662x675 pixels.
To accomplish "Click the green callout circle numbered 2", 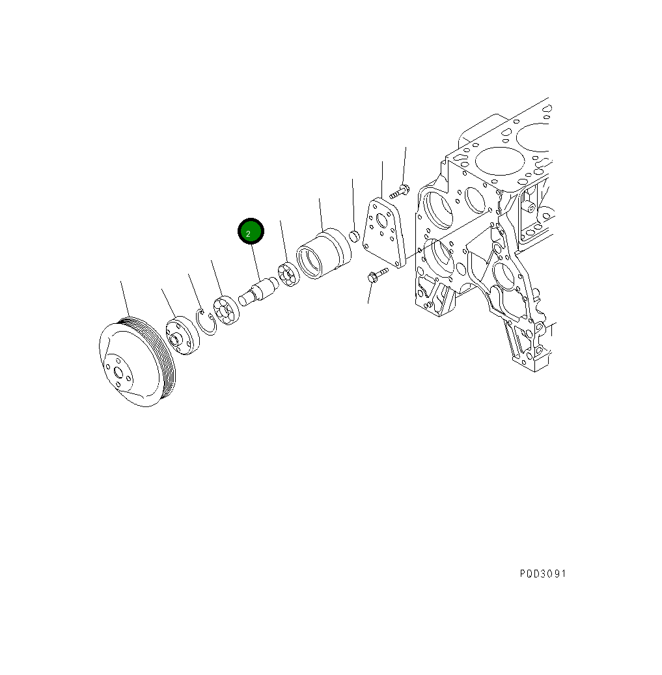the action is tap(251, 231).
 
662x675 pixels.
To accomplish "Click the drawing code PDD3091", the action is tap(543, 574).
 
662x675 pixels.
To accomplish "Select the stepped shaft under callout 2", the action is tap(258, 291).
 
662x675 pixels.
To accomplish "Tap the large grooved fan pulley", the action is tap(137, 362).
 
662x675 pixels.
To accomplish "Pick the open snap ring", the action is tap(206, 322).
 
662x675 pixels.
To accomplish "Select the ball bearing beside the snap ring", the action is tap(227, 310).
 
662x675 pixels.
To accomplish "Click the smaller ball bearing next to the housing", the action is tap(289, 274).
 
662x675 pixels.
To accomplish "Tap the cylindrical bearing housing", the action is tap(324, 254).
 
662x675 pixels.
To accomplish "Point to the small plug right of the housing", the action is tap(354, 236).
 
